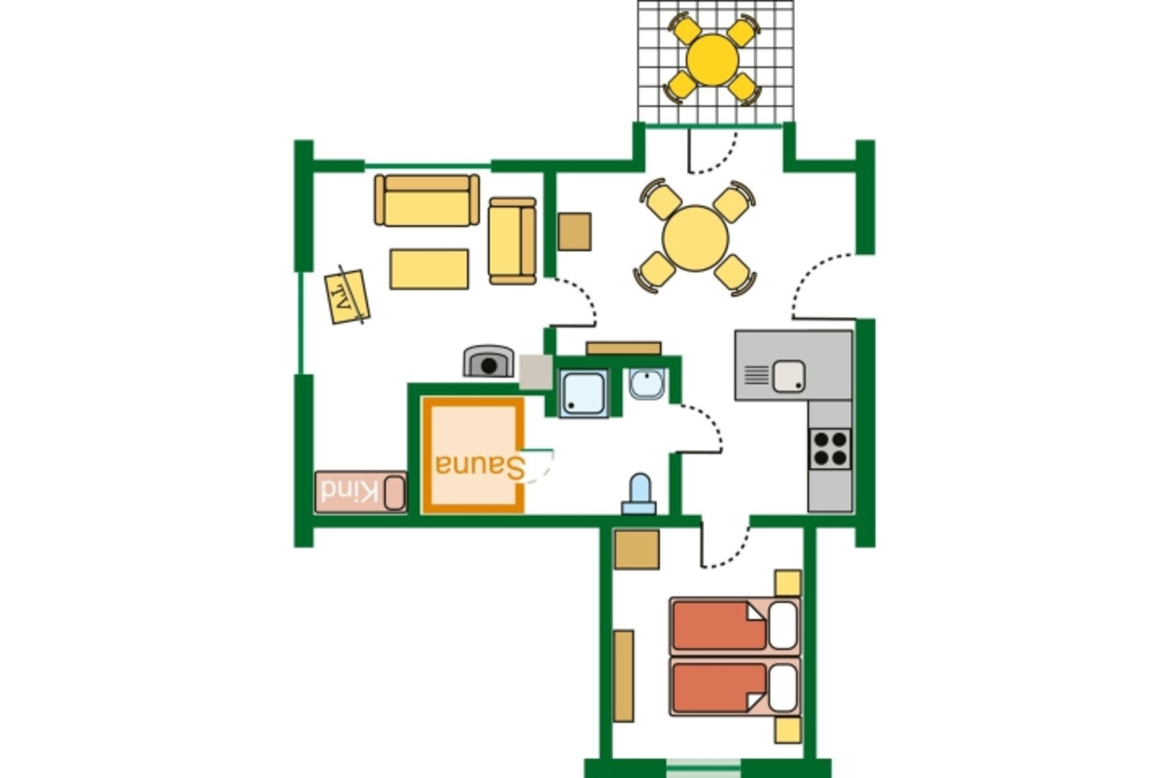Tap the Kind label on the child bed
point(350,492)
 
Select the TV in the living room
point(347,296)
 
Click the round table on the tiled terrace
point(712,60)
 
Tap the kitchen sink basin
point(788,376)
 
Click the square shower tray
point(583,393)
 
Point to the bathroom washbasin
point(646,383)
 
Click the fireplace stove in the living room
point(488,361)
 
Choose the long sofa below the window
point(427,200)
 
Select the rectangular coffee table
point(429,269)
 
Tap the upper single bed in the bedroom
point(735,626)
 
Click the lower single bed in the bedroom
point(735,687)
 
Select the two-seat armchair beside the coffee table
point(512,241)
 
